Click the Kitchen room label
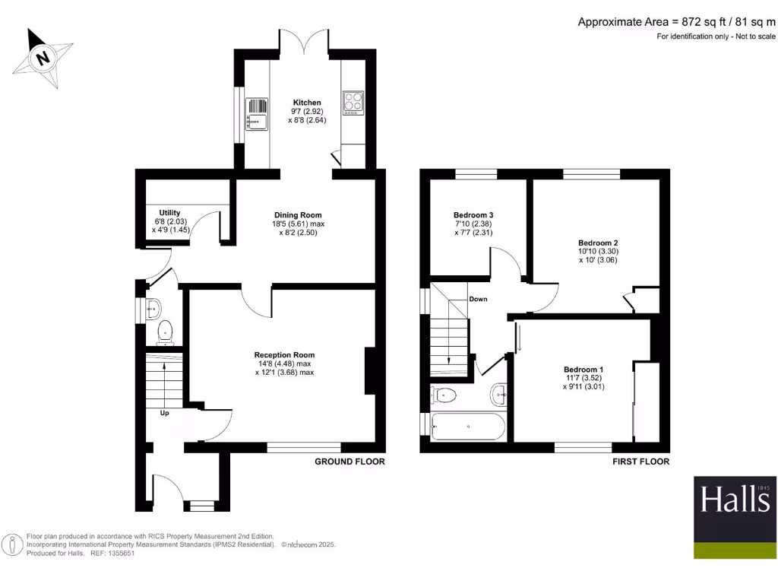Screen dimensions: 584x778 pyautogui.click(x=307, y=103)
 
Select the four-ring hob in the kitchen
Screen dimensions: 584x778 pyautogui.click(x=353, y=102)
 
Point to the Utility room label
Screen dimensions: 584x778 pyautogui.click(x=169, y=213)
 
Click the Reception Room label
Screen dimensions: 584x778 pyautogui.click(x=284, y=355)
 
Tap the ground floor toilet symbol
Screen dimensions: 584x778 pyautogui.click(x=165, y=332)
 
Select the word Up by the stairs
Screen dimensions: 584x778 pyautogui.click(x=164, y=414)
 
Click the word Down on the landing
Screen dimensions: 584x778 pyautogui.click(x=478, y=299)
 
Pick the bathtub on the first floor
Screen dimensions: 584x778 pyautogui.click(x=466, y=427)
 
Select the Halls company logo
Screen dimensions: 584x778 pyautogui.click(x=735, y=517)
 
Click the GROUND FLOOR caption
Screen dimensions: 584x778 pyautogui.click(x=349, y=462)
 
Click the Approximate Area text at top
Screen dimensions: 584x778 pyautogui.click(x=676, y=22)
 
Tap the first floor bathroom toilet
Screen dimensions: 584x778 pyautogui.click(x=444, y=395)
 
